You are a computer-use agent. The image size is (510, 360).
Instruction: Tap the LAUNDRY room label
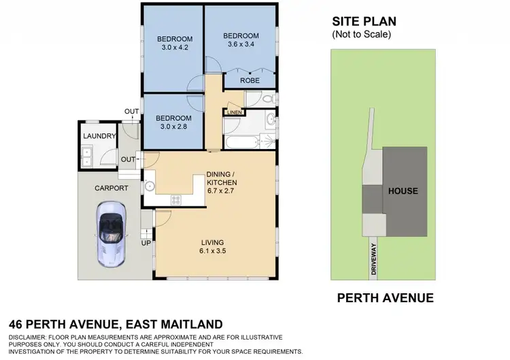click(99, 136)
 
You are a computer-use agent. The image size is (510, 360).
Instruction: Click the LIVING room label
click(212, 242)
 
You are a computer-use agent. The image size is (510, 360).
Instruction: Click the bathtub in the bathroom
click(243, 144)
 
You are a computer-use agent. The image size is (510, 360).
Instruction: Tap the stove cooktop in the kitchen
click(175, 199)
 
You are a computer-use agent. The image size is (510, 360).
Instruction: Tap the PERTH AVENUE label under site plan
click(386, 298)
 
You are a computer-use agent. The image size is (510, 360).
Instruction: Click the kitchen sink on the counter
click(150, 185)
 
